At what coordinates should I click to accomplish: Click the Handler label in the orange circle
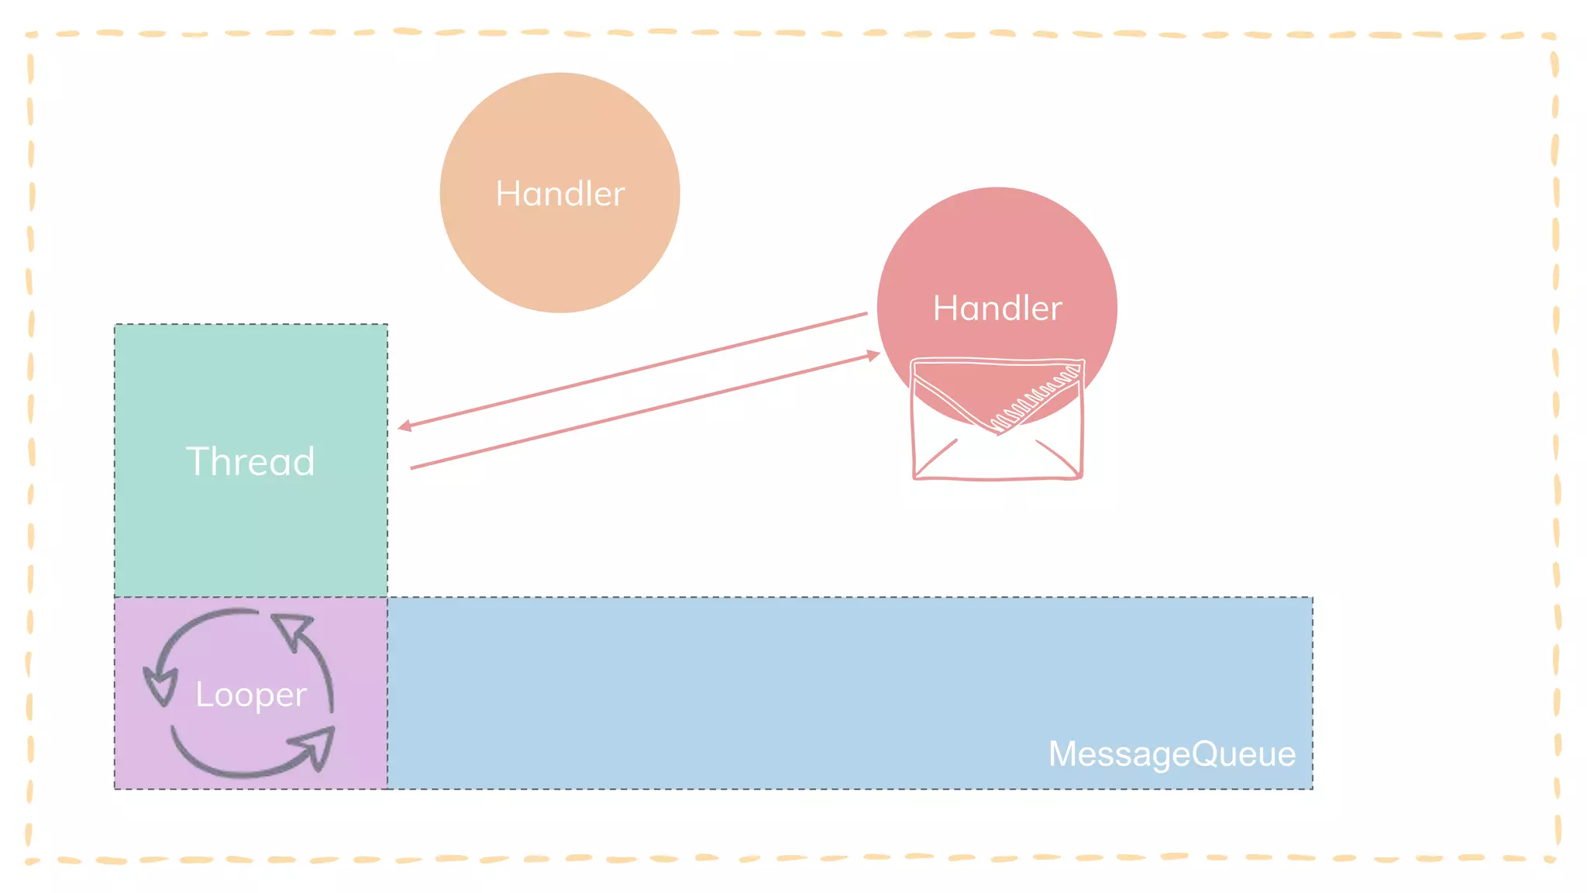pos(559,194)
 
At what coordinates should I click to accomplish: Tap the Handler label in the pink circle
pos(997,309)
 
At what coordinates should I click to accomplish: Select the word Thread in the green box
pos(250,461)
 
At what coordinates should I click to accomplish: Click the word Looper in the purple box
pos(250,695)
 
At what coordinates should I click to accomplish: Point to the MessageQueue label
pos(1172,753)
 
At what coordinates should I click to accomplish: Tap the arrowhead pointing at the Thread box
pos(404,426)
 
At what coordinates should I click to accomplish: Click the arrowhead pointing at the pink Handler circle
pos(873,355)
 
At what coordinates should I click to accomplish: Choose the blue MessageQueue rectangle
pos(775,682)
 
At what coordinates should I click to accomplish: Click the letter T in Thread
pos(197,461)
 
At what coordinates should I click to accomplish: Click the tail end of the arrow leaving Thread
pos(412,467)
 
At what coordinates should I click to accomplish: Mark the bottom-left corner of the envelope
pos(916,476)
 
